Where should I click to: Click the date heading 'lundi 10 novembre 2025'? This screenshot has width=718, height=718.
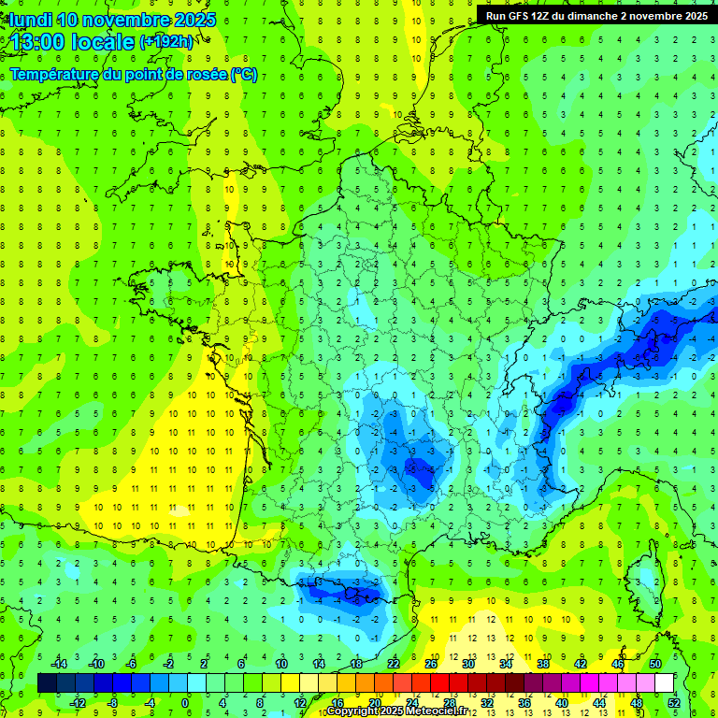coord(112,20)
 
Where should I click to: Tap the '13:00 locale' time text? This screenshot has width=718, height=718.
coord(70,41)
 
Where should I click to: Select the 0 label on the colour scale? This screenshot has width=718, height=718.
coord(185,702)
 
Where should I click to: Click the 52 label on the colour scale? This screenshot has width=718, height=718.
coord(673,702)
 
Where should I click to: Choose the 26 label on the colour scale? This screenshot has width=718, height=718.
coord(431,664)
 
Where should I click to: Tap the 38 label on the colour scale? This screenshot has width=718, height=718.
coord(543,664)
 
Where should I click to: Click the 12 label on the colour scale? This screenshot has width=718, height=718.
coord(299,702)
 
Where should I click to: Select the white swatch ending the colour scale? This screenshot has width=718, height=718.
coord(665,682)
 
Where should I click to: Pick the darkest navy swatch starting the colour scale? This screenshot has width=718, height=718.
coord(47,682)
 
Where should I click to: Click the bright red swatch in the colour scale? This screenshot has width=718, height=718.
coord(439,682)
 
